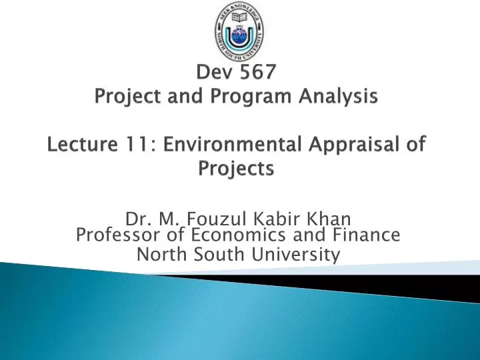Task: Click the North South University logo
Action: point(239,31)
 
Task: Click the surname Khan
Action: point(332,218)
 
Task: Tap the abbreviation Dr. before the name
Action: point(137,218)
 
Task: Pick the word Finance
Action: point(368,235)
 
